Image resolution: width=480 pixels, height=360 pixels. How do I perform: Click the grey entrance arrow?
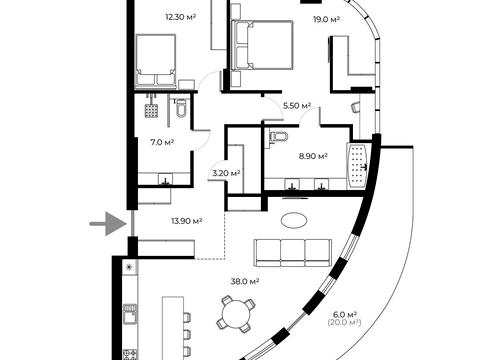point(108,224)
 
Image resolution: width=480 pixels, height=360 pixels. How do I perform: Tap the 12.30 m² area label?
point(180,17)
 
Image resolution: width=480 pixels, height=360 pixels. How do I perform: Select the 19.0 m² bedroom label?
point(326,19)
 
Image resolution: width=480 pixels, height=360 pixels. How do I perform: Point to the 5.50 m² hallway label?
point(297,106)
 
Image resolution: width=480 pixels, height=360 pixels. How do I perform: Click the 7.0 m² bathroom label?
point(162,142)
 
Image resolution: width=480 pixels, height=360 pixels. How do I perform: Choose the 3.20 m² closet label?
point(226,173)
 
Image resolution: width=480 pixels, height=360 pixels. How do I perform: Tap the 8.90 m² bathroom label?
point(313,156)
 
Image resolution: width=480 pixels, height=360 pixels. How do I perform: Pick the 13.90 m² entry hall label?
point(187,221)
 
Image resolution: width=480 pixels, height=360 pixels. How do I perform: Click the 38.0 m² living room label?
point(245,282)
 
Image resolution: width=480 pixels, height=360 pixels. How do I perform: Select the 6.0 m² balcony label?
point(345,314)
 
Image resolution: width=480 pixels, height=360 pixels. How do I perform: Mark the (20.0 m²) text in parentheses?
point(345,322)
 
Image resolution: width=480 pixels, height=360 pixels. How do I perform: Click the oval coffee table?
point(294,221)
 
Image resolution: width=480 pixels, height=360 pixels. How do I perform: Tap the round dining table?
point(236,314)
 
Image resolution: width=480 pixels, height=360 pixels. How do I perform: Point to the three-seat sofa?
point(293,253)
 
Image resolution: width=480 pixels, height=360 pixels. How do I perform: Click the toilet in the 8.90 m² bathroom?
point(278,137)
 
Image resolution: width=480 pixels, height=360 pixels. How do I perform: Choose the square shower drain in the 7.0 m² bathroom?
point(151,110)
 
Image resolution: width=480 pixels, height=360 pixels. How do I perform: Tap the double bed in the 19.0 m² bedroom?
point(263,45)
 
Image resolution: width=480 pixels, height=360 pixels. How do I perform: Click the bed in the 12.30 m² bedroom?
point(156,61)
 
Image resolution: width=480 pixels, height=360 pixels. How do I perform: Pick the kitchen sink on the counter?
point(130,314)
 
